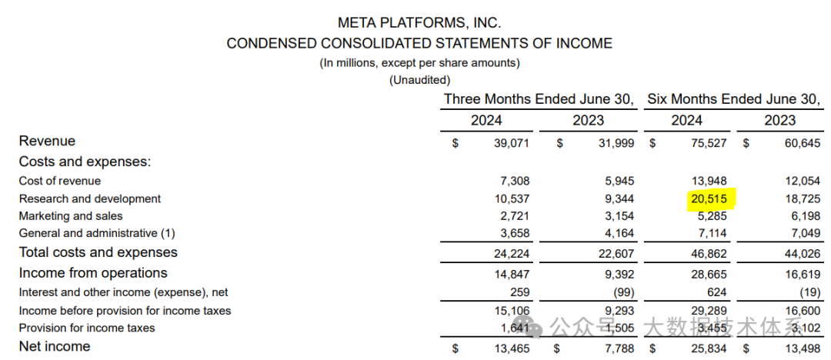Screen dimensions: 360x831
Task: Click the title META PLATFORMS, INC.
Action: [419, 23]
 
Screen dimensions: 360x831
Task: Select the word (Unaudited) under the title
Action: [419, 79]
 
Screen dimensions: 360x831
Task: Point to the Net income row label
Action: [55, 346]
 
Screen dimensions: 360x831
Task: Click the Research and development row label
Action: [90, 198]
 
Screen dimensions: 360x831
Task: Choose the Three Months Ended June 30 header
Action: [539, 99]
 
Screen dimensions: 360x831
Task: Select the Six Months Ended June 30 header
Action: [733, 99]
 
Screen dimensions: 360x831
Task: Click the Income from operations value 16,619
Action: [803, 274]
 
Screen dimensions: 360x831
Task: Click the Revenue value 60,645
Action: [803, 142]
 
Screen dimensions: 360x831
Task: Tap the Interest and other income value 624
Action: [717, 292]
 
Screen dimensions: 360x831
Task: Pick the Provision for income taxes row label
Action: [87, 328]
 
